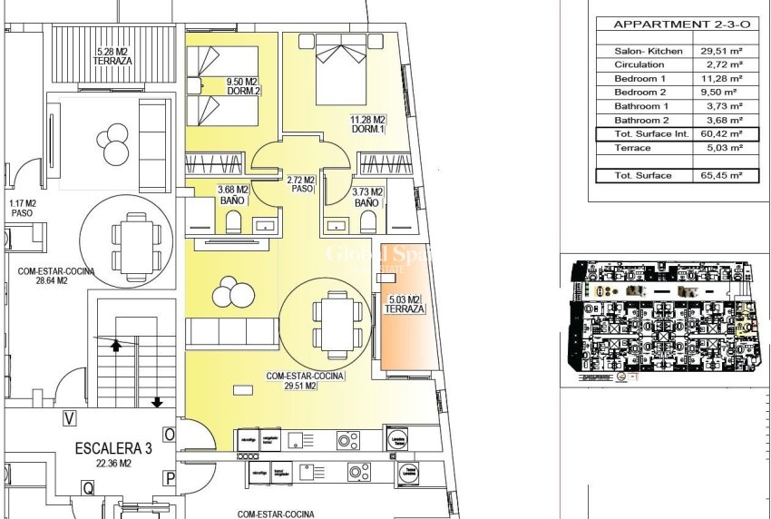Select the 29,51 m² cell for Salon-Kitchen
coord(717,52)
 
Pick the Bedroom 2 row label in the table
coord(639,92)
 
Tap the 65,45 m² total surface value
coord(717,175)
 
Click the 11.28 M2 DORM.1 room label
coord(367,124)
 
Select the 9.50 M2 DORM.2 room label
coord(243,85)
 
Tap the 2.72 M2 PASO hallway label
coord(300,184)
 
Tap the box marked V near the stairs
coord(68,418)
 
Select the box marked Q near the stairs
coord(89,487)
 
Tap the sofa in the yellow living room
coord(231,333)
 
